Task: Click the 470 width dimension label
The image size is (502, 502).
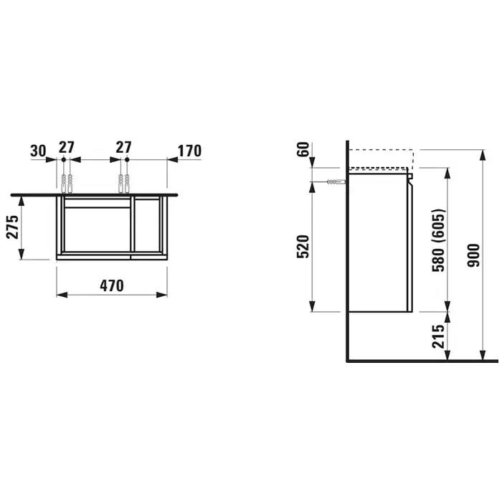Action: (x=112, y=285)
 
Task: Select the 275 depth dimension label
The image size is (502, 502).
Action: (x=13, y=227)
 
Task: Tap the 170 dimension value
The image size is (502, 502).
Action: (x=189, y=151)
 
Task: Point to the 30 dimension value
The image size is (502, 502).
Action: (x=39, y=151)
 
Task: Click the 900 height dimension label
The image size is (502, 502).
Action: (x=473, y=255)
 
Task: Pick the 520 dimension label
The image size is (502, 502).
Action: (x=303, y=247)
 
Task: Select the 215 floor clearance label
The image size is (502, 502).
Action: (x=438, y=336)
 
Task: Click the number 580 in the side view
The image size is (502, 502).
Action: (x=438, y=260)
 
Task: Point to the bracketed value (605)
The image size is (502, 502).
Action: (x=438, y=227)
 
